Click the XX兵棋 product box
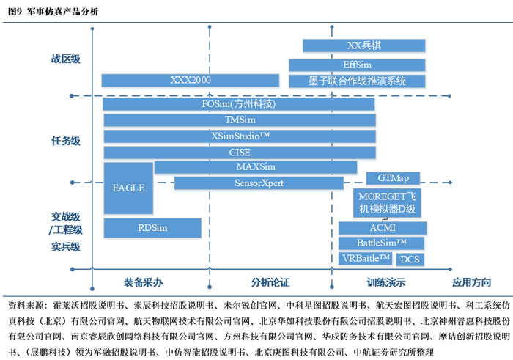[363, 45]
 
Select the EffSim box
[357, 65]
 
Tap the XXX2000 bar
[190, 80]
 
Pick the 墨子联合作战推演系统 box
[357, 81]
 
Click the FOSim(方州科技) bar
[238, 104]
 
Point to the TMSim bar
[240, 120]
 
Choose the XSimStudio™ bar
[240, 136]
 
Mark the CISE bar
[240, 153]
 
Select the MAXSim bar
[256, 167]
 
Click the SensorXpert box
[259, 183]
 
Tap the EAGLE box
[128, 188]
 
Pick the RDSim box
[152, 228]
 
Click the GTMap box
[393, 178]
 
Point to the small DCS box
[410, 260]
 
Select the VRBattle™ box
[365, 259]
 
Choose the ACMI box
[383, 228]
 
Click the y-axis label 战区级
[66, 59]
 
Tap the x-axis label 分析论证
[270, 282]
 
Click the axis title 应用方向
[471, 282]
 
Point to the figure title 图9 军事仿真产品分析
[53, 12]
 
